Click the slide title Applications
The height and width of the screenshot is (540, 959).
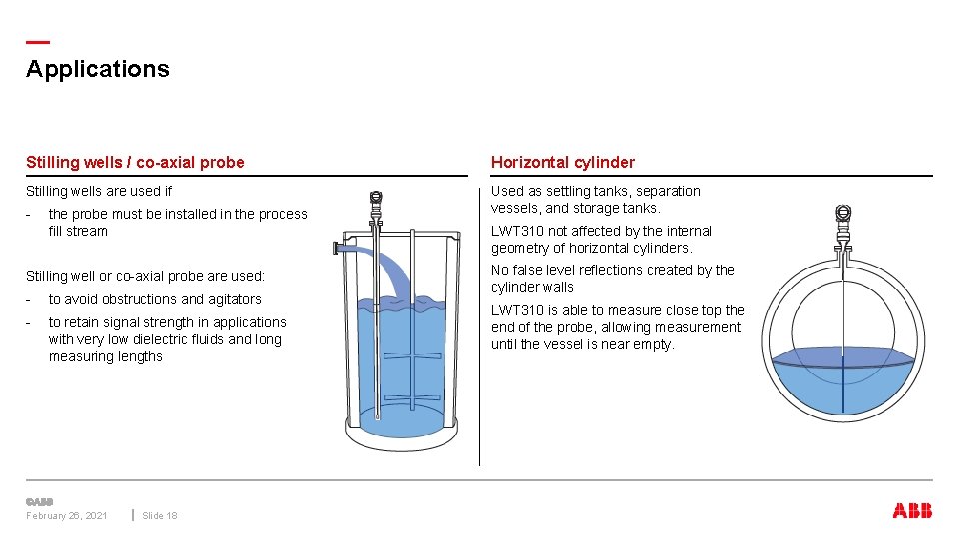98,69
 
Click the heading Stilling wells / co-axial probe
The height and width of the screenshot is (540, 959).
135,162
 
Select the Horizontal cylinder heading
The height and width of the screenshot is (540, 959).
562,162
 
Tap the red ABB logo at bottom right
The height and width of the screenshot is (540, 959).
912,511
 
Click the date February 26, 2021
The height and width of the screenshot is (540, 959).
67,516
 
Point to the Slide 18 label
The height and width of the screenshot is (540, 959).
160,516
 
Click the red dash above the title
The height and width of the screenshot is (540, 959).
37,42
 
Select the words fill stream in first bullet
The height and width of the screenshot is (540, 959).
78,231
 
